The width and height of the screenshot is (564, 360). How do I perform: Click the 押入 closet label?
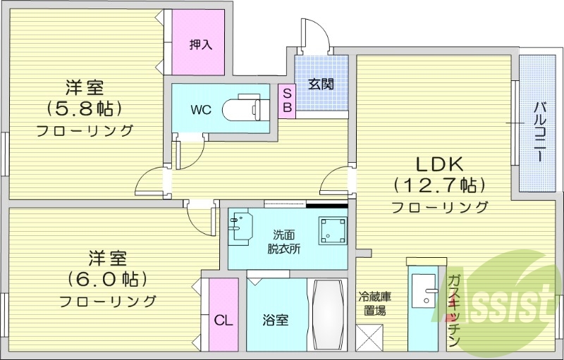[201, 44]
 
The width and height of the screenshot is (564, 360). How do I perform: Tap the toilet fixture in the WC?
[246, 109]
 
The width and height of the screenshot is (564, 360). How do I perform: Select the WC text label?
[200, 110]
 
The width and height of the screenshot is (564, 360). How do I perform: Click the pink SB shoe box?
[287, 101]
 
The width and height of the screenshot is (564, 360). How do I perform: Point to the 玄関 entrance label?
[321, 85]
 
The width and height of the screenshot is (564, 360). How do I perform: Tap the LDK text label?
[438, 165]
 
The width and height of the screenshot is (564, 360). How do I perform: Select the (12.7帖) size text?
[439, 185]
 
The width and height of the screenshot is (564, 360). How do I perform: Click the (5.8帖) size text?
[85, 108]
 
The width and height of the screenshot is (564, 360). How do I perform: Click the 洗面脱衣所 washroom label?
[280, 241]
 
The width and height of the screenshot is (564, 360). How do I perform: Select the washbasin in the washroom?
[240, 227]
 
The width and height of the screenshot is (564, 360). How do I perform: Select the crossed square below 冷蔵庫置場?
[370, 337]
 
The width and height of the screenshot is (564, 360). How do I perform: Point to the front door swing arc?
[315, 32]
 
